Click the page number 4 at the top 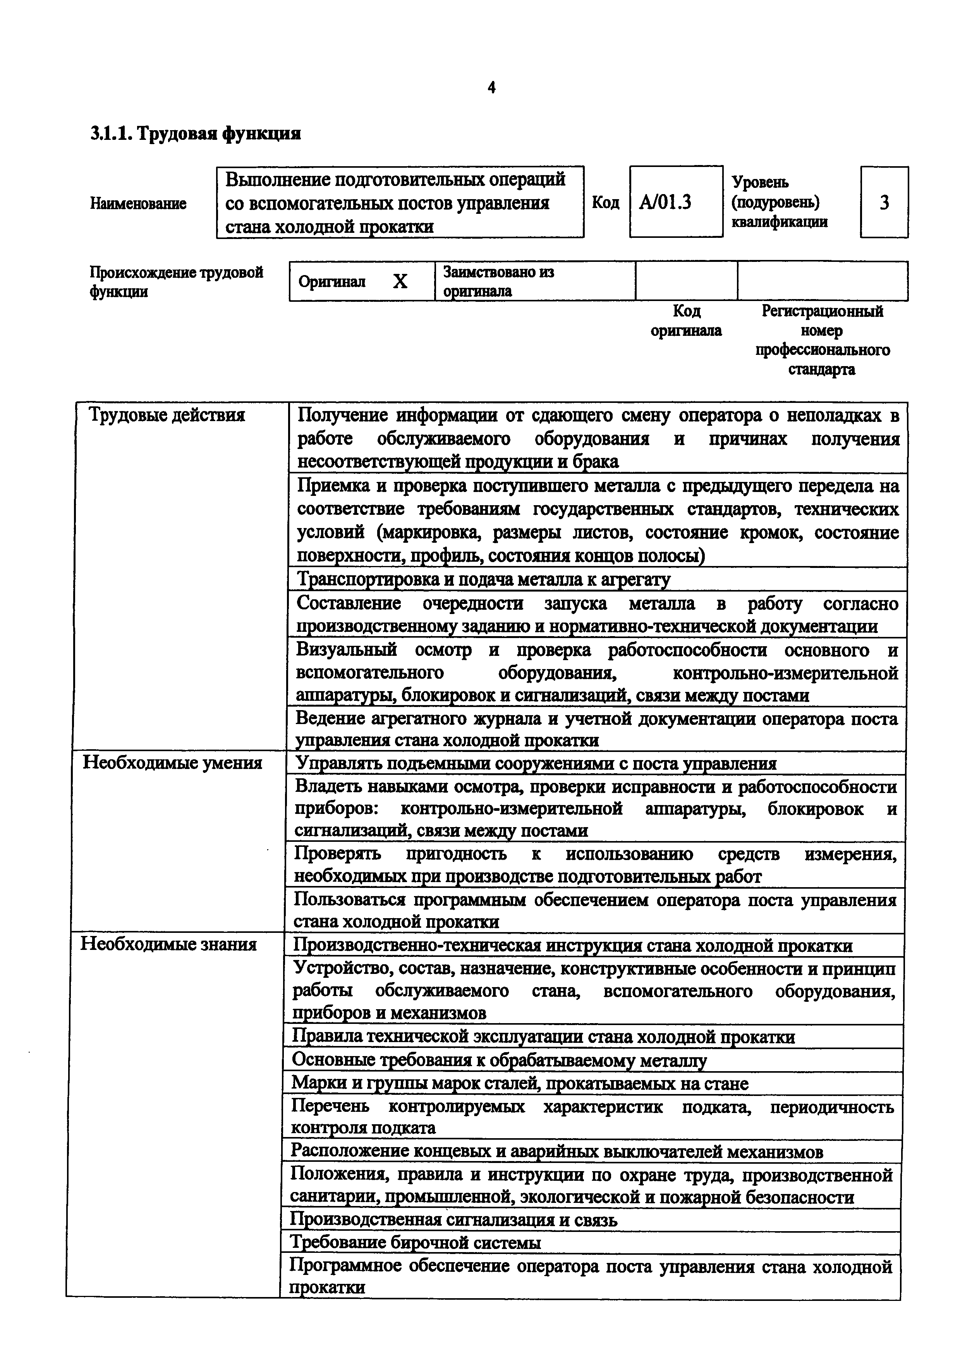491,88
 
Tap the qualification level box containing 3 884,203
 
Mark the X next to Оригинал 400,282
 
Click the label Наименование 138,204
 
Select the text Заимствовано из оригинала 499,281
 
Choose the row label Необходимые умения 172,762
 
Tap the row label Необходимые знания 168,943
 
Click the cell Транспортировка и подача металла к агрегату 483,579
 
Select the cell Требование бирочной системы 415,1242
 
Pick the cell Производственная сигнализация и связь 454,1219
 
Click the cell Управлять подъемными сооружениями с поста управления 535,764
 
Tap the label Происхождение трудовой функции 176,282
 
